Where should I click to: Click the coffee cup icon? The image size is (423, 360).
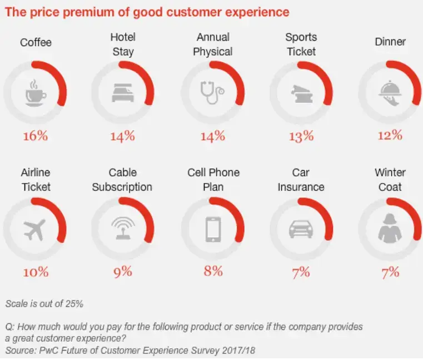[36, 92]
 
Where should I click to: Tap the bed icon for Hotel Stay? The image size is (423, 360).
[123, 93]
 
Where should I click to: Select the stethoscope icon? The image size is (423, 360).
[212, 92]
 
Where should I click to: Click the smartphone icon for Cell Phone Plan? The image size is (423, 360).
[212, 228]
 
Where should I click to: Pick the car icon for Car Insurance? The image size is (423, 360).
[301, 228]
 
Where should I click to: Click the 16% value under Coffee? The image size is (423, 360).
[36, 135]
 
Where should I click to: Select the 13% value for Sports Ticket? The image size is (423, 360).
[301, 135]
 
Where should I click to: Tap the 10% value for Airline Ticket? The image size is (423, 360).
[36, 272]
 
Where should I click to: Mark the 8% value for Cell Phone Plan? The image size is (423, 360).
[212, 271]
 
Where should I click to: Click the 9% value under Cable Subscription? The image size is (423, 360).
[123, 272]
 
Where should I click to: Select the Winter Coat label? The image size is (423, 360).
[390, 179]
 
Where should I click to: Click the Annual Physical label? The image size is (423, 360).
[213, 44]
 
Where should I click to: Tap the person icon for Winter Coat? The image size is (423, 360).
[390, 228]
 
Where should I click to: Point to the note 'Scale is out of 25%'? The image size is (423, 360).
[44, 304]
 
